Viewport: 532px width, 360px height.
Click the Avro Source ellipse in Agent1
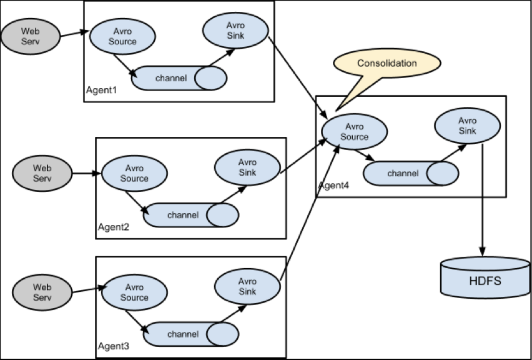tap(122, 36)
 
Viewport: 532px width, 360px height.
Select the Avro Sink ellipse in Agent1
tap(235, 30)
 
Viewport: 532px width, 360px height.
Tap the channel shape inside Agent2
tap(191, 215)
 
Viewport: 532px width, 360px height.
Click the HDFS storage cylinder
tap(485, 277)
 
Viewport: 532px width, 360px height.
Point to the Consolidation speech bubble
tap(387, 64)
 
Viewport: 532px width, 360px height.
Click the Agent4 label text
tap(334, 186)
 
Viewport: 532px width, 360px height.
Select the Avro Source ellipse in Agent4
tap(354, 132)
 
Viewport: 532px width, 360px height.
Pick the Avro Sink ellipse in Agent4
tap(468, 126)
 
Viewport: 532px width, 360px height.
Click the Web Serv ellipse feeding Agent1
tap(31, 36)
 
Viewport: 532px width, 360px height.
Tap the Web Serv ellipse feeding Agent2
tap(42, 173)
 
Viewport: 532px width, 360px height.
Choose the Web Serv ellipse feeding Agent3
tap(42, 292)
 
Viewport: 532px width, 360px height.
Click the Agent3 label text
tap(114, 346)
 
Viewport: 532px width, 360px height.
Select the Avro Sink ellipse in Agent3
tap(247, 286)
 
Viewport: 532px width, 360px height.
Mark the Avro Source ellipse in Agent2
tap(134, 173)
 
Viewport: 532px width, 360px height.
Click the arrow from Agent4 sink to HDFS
tap(483, 200)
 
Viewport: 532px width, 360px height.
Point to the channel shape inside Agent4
tap(411, 173)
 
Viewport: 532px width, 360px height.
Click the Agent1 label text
tap(101, 91)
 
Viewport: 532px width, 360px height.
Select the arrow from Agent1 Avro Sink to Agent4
tap(298, 77)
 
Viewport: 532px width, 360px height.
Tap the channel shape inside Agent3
tap(191, 334)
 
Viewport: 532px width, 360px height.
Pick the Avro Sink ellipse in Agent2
tap(247, 167)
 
